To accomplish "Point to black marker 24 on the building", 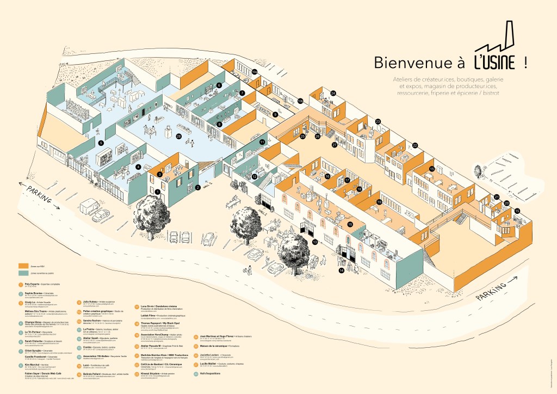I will pos(333,93).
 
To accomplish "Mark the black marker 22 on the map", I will pos(414,145).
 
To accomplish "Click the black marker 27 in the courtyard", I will pos(335,145).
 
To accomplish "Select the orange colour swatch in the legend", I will pos(23,265).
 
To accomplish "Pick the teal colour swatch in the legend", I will pos(23,273).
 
